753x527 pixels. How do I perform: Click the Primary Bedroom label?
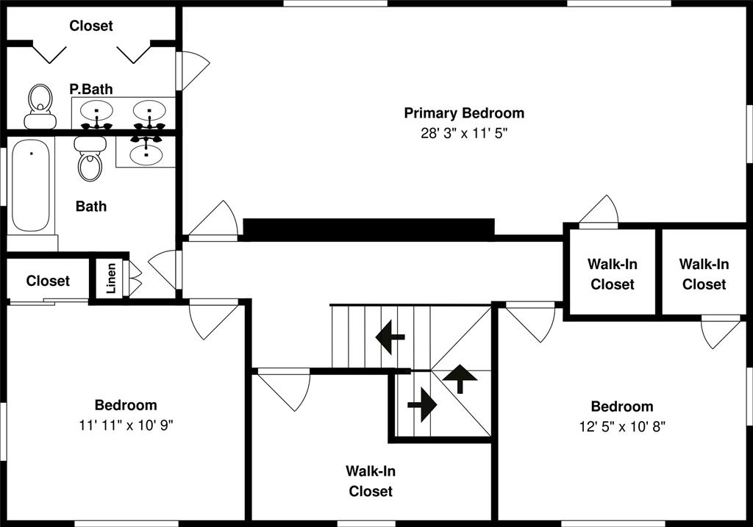click(464, 113)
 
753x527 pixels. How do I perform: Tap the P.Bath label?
click(91, 89)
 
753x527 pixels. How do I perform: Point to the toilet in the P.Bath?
click(40, 106)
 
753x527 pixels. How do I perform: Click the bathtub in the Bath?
click(31, 184)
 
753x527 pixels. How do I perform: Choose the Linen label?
click(111, 279)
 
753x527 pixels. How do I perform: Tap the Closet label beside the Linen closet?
click(48, 281)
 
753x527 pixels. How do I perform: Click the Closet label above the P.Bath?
click(91, 26)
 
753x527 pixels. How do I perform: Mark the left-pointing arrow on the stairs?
click(390, 338)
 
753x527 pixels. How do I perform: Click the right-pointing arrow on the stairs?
click(422, 404)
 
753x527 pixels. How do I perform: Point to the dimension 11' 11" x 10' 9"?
click(125, 424)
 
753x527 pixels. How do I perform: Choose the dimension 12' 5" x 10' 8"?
click(621, 426)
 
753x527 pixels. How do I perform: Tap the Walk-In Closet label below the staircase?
click(371, 481)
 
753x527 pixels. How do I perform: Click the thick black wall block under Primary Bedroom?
click(368, 229)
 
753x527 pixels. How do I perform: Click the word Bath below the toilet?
click(91, 207)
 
